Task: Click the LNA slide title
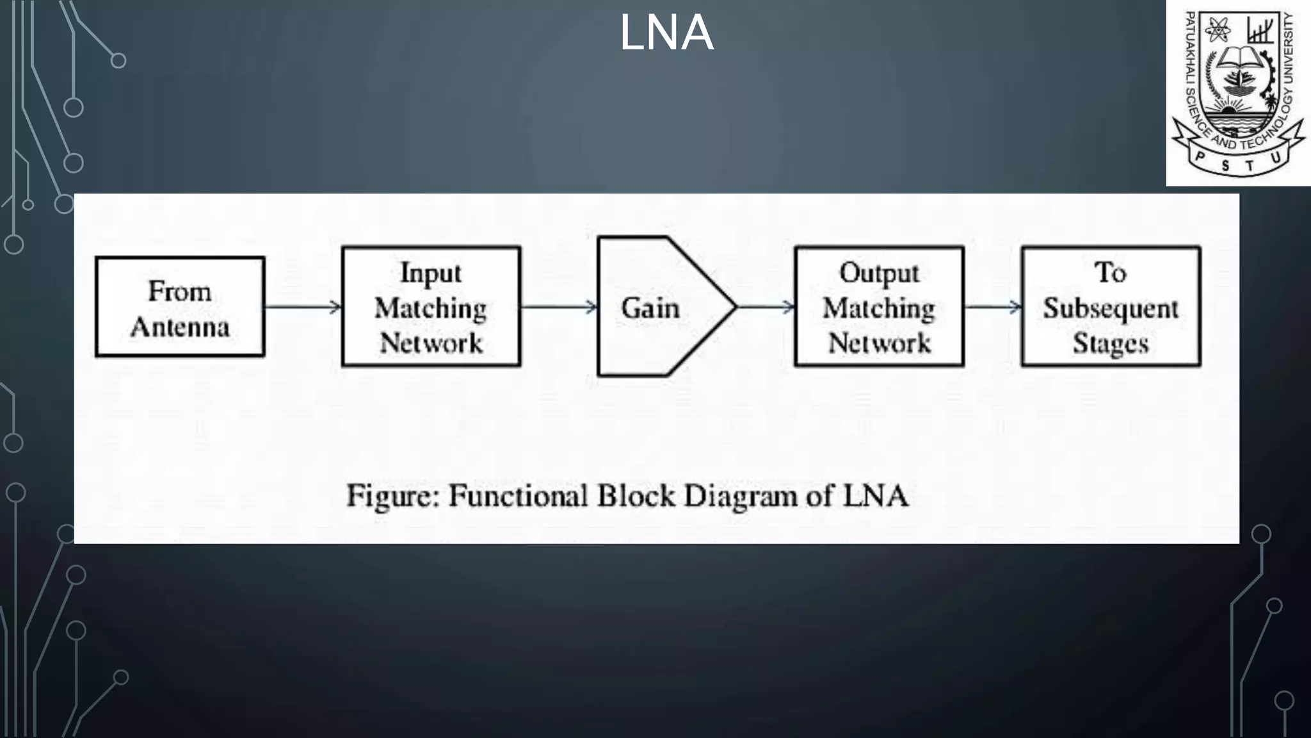point(666,33)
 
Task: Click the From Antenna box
point(180,307)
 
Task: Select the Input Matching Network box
point(431,307)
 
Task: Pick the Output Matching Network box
point(879,307)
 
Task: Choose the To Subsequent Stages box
point(1111,307)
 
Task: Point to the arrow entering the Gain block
point(559,307)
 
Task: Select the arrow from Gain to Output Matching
point(766,307)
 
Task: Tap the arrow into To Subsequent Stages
point(993,307)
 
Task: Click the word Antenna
point(180,327)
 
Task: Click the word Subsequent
point(1111,308)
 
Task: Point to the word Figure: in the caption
point(393,496)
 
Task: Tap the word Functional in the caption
point(518,496)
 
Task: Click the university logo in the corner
point(1238,93)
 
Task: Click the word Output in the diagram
point(879,273)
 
